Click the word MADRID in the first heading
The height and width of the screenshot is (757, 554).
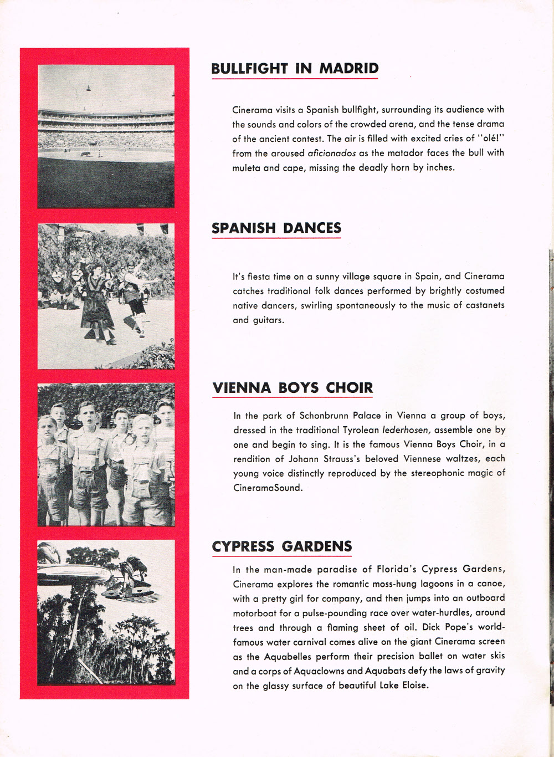[348, 68]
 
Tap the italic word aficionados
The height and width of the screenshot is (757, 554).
[331, 153]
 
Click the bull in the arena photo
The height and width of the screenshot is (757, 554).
[86, 154]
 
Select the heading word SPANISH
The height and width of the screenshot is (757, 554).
[243, 228]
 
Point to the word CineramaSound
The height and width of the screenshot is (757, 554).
[268, 488]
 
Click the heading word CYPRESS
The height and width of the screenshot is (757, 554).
[243, 546]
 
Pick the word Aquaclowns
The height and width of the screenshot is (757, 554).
[314, 671]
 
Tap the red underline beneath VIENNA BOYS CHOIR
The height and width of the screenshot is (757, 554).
[293, 397]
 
